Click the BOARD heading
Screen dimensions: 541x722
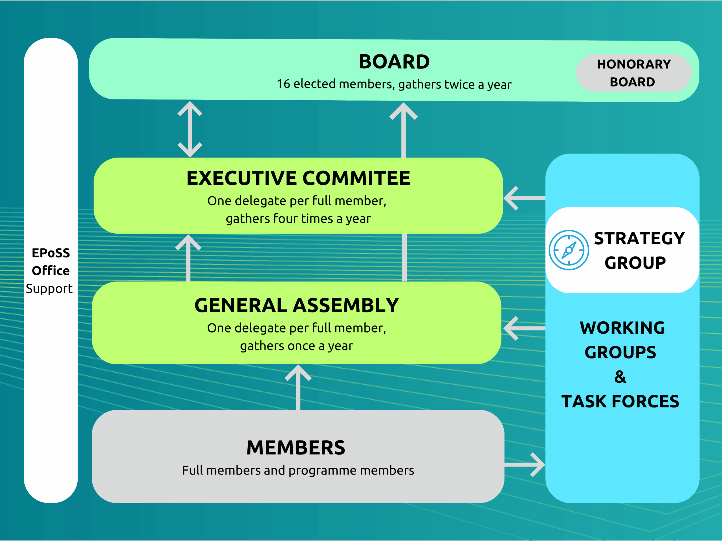click(x=394, y=62)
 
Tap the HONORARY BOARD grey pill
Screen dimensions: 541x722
click(x=633, y=73)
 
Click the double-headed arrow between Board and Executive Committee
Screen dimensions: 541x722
click(x=190, y=129)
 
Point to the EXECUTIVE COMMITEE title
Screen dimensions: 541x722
click(x=298, y=178)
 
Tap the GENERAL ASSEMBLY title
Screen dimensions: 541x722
click(x=296, y=305)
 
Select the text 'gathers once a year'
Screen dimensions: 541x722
click(x=296, y=346)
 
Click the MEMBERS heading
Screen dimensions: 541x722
click(x=296, y=447)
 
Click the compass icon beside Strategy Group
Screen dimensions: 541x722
click(x=569, y=250)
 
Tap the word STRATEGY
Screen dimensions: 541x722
click(x=639, y=238)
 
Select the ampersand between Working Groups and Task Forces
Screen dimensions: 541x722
click(x=620, y=377)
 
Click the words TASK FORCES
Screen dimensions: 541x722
click(x=620, y=402)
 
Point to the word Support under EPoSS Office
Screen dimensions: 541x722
click(x=49, y=289)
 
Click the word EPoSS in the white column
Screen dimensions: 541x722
click(x=50, y=253)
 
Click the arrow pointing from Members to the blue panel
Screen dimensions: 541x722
click(x=525, y=464)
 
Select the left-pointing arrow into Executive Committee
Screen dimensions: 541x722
click(x=524, y=198)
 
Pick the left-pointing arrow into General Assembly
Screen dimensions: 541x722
click(x=524, y=328)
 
